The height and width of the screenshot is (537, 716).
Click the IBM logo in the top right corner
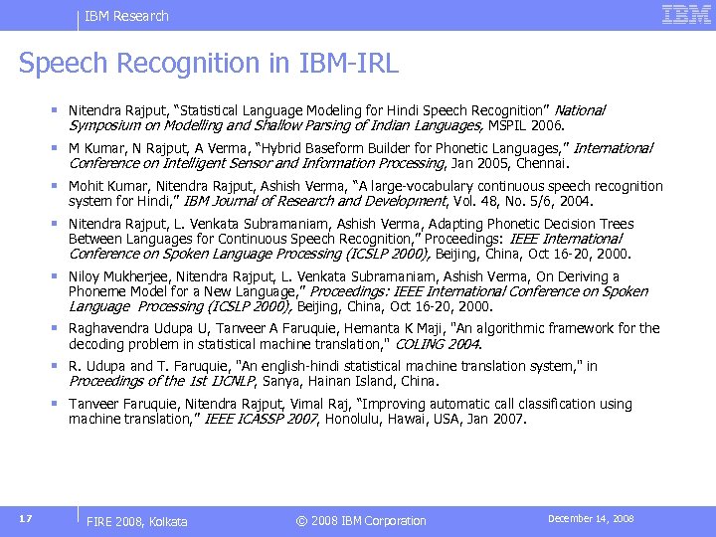coord(686,15)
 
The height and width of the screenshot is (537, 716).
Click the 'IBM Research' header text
coord(126,16)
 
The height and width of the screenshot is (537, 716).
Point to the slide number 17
coord(26,519)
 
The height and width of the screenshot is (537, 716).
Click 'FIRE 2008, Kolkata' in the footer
coord(137,521)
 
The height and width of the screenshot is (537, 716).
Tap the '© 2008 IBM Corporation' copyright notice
coord(360,521)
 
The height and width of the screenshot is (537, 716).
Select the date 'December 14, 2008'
coord(591,519)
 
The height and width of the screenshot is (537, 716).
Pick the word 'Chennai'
coord(542,163)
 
